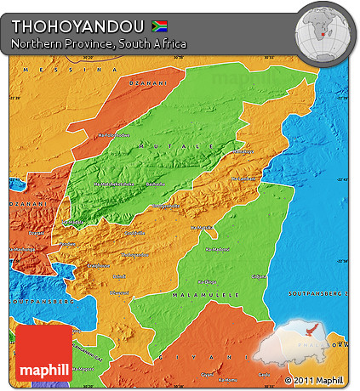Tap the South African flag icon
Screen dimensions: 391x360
point(158,25)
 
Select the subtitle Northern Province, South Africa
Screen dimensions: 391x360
point(99,42)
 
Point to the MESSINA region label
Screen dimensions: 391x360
point(60,69)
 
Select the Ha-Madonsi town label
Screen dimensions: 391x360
point(218,249)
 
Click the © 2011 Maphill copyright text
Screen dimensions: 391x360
point(315,380)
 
